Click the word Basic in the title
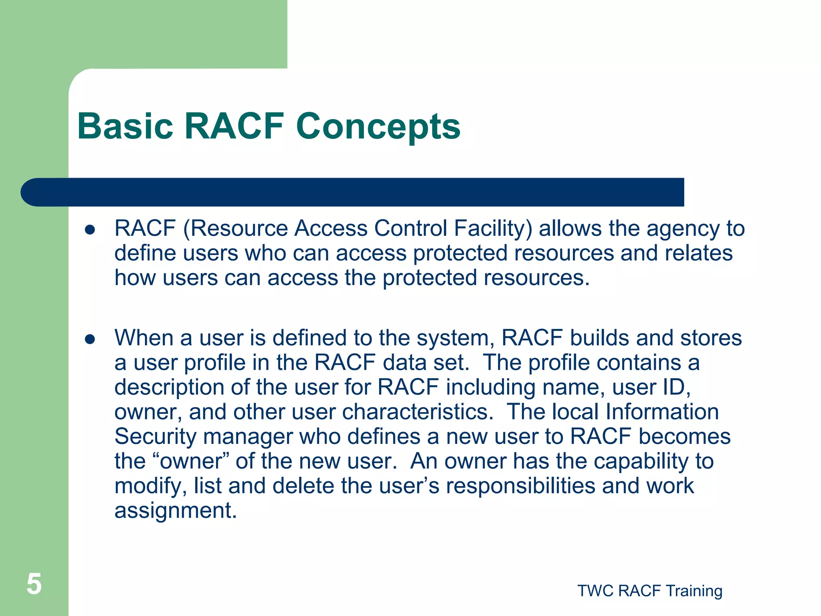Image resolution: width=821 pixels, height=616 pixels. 125,126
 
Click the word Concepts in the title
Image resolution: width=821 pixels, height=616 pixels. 378,126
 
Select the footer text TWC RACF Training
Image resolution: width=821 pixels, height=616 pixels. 650,591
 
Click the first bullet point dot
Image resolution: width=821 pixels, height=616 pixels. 90,230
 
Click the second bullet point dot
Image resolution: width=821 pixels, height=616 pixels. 90,340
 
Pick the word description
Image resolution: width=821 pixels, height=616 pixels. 170,387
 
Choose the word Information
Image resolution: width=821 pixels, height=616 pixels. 661,412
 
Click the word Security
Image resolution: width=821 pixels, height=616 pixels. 155,437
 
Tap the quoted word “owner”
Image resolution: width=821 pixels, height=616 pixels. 191,461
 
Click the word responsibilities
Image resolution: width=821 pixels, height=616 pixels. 520,486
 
